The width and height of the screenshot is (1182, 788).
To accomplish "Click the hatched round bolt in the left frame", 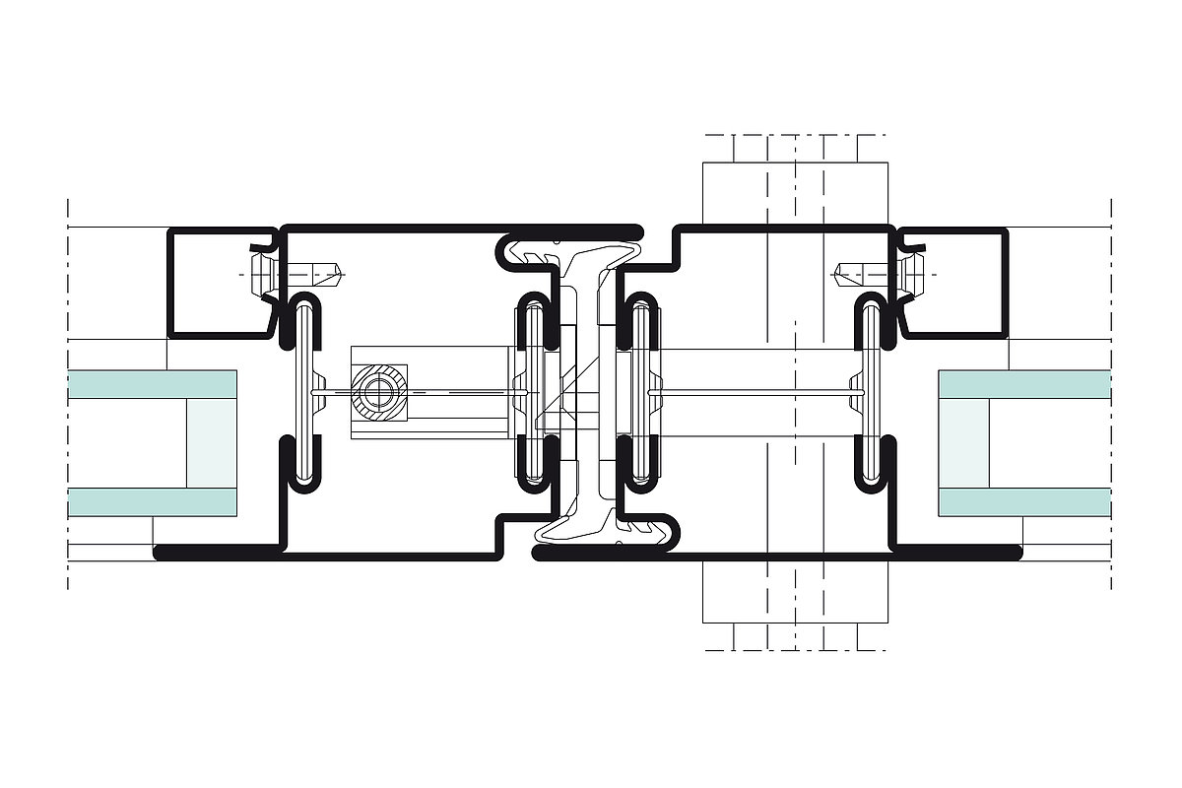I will [379, 392].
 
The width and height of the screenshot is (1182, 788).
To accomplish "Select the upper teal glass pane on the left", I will [153, 384].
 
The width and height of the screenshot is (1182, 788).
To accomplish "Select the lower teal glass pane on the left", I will [153, 502].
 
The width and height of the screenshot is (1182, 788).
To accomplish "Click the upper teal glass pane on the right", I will [1024, 384].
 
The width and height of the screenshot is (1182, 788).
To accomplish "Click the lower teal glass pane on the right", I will [1024, 502].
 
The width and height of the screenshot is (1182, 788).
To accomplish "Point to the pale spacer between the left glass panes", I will [212, 443].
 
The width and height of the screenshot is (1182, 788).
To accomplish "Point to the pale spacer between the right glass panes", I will [964, 443].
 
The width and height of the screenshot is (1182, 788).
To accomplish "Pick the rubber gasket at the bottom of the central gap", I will [601, 532].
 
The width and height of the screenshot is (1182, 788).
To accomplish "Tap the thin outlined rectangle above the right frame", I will [795, 192].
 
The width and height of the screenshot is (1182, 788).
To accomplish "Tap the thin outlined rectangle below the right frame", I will [795, 591].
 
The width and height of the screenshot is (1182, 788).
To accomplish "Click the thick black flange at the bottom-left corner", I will [217, 553].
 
